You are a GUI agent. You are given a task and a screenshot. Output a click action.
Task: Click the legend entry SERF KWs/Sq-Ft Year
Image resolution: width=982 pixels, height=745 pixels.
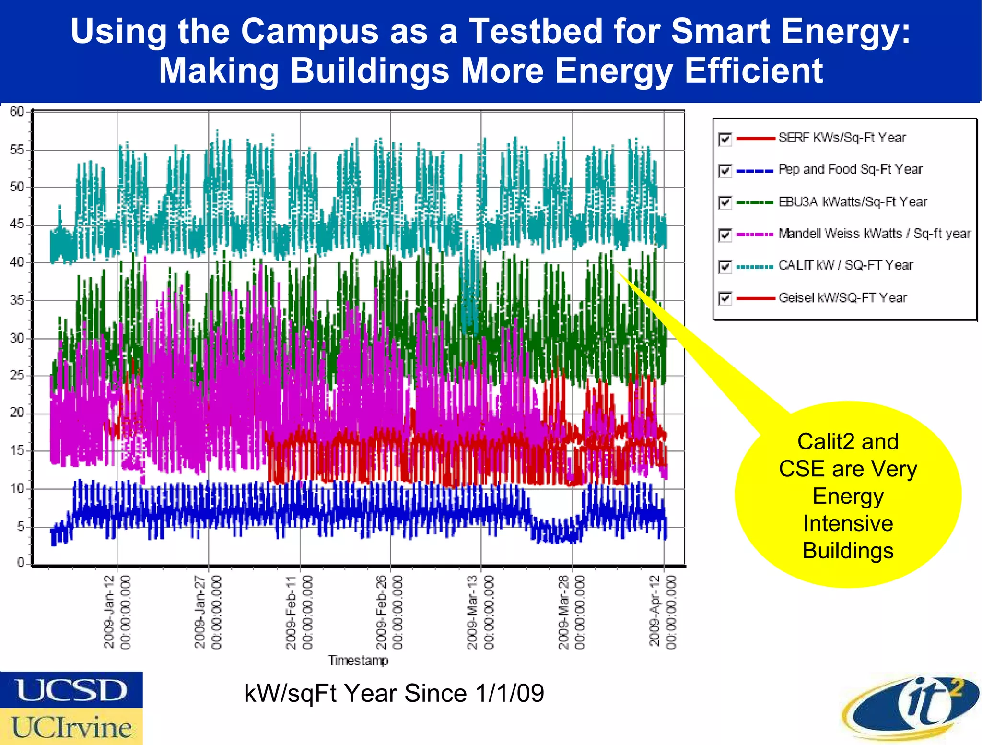click(842, 138)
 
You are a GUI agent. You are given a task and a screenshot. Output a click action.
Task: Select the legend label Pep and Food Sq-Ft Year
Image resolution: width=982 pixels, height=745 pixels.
click(850, 169)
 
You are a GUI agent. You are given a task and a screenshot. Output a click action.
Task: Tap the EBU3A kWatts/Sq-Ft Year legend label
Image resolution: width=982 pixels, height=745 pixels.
click(853, 202)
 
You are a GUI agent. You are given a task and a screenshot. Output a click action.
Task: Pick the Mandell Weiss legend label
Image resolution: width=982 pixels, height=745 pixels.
click(874, 234)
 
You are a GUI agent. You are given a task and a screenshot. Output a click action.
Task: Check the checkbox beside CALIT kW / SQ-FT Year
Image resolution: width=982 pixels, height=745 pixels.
click(725, 266)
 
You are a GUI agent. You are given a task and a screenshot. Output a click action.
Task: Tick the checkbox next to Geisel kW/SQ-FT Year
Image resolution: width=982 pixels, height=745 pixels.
click(725, 298)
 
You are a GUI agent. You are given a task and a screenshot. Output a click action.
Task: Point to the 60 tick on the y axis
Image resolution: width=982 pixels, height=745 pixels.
click(17, 112)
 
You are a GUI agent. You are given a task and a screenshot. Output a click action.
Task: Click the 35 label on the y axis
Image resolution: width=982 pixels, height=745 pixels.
click(17, 300)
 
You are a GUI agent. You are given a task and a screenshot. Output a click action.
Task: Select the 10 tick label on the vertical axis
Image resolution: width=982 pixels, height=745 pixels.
click(17, 489)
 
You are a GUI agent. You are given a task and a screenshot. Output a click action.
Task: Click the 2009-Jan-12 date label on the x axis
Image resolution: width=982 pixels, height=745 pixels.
click(117, 612)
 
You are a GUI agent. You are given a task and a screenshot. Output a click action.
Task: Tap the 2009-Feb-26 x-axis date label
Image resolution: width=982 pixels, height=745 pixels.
click(389, 612)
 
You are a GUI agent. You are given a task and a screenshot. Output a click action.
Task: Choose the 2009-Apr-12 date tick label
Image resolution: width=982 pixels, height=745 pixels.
click(663, 612)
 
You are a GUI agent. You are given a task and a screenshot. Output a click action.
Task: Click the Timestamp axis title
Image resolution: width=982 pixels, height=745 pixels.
click(358, 661)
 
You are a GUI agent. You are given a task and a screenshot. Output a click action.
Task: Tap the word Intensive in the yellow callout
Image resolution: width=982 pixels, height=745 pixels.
click(848, 523)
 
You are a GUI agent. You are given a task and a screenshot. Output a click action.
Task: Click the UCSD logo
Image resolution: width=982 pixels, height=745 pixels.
click(71, 690)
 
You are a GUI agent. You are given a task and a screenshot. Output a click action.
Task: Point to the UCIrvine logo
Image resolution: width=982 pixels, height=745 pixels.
click(71, 727)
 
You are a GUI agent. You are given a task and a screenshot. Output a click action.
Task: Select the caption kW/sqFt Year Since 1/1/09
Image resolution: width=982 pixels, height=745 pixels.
click(394, 693)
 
